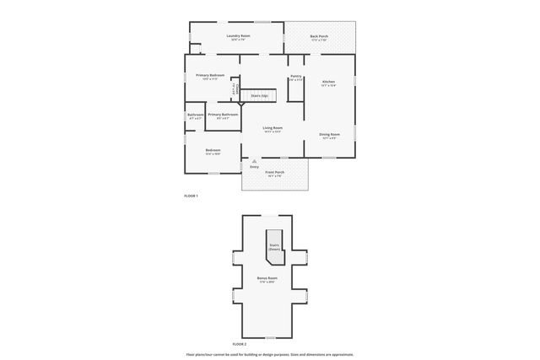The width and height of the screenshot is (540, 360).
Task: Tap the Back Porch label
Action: coord(318,36)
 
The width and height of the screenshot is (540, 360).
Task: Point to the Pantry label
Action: coord(295,77)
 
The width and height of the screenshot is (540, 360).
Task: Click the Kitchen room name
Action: coord(328,82)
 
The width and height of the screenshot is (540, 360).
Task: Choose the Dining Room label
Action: coord(329,134)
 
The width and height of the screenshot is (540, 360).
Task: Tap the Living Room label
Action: coord(272,128)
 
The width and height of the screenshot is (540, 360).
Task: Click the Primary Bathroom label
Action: coord(222,114)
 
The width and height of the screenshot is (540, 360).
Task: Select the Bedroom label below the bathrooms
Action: coord(213,151)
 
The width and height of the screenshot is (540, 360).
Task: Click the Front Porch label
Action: coord(275,172)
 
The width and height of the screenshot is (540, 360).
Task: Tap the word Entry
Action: coord(254,167)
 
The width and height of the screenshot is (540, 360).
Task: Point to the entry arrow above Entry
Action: coord(254,161)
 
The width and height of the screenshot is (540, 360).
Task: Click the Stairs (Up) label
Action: coord(259,96)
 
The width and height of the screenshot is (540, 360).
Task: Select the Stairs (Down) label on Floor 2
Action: coord(274,246)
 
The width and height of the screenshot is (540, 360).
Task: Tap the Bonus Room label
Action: coord(267,277)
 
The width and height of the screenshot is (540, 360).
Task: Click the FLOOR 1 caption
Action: coord(191,196)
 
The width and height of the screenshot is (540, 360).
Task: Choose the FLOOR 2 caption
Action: coord(239,344)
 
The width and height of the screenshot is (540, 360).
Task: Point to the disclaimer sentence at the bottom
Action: coord(270,354)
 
